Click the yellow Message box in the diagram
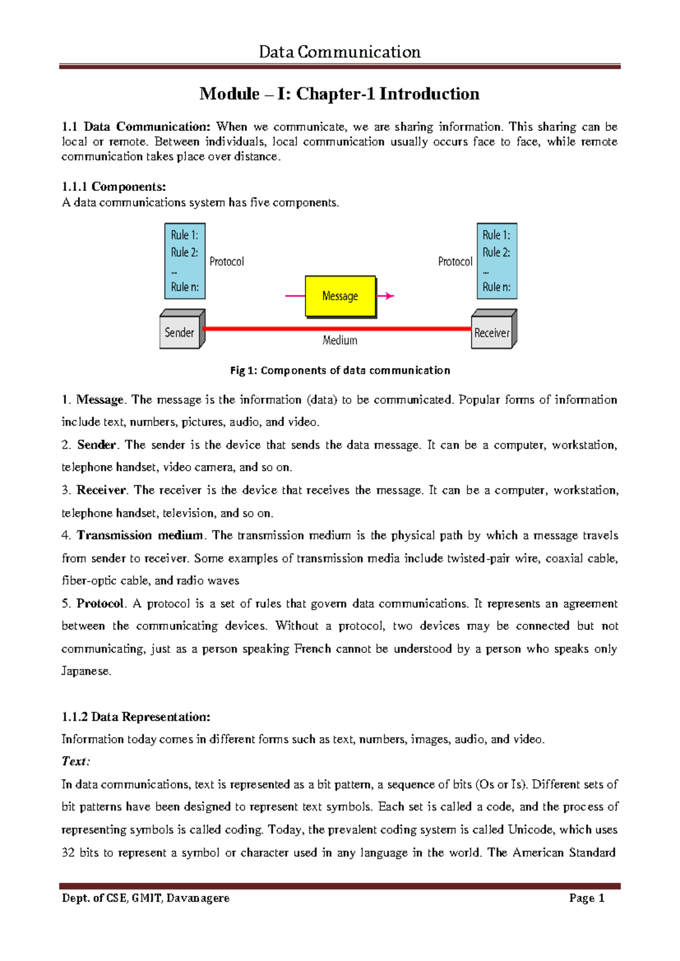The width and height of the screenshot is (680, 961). [340, 296]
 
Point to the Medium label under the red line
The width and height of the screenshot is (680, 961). [340, 341]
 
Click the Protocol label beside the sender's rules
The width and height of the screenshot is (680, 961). [227, 262]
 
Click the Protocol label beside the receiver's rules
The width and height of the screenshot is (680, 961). [455, 262]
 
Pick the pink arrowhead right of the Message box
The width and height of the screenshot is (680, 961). [389, 295]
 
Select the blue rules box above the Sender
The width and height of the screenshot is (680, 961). [185, 261]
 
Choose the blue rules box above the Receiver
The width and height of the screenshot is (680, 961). [497, 261]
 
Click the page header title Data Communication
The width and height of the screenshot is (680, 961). [340, 52]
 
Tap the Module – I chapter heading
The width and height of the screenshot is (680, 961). [339, 93]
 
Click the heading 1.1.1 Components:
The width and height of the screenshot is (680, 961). [114, 186]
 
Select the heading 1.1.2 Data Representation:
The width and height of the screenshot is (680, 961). [136, 717]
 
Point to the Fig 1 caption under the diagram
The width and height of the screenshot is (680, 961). [340, 371]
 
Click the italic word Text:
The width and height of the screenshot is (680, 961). [76, 762]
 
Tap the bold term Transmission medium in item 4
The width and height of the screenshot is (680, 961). [140, 535]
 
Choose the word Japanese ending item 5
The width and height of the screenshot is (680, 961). [86, 671]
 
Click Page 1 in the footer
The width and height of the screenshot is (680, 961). [587, 898]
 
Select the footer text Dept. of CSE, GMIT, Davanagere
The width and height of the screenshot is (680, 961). [146, 898]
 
